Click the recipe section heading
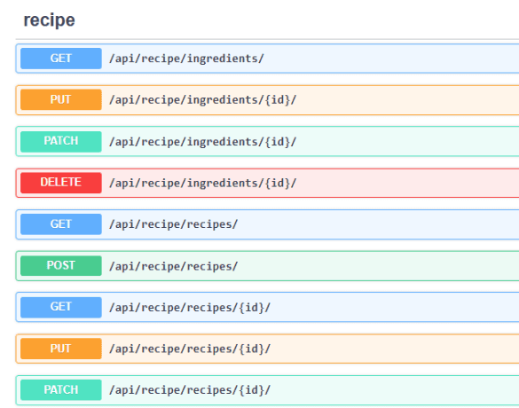coord(50,20)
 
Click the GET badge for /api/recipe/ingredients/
coord(61,59)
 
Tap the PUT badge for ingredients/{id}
coord(61,99)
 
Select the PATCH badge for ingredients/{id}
coord(61,141)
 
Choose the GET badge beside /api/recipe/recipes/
coord(61,224)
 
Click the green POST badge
coord(61,265)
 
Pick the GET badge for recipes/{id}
coord(61,307)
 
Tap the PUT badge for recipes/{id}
coord(61,349)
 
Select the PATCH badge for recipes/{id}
coord(61,389)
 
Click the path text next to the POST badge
coord(173,266)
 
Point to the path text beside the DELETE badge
coord(203,183)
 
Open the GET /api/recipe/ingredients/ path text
coord(186,59)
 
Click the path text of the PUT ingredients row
coord(203,99)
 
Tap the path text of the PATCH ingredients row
coord(203,142)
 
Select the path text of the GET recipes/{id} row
coord(190,308)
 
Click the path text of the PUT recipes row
coord(190,349)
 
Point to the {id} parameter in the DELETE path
coord(277,183)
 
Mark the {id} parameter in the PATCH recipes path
coord(251,390)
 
